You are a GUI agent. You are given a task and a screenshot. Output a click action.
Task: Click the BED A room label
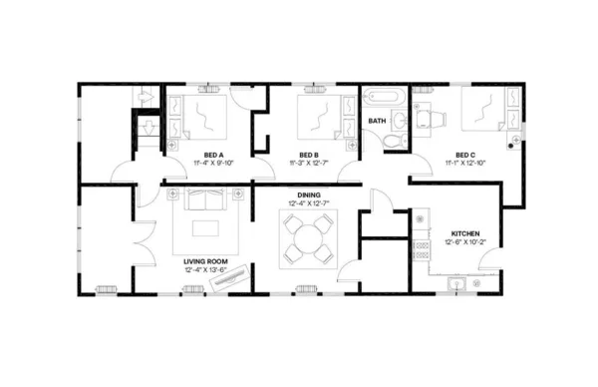(212, 154)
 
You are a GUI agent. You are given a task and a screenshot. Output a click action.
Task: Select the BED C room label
(464, 154)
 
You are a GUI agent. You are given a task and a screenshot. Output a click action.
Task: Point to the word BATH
(377, 121)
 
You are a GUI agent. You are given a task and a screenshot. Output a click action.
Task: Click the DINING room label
(307, 195)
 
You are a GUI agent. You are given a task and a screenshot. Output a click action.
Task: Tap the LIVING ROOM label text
(207, 259)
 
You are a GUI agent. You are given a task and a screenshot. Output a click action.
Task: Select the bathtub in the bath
(381, 99)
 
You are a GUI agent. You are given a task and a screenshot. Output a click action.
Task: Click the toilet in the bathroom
(396, 140)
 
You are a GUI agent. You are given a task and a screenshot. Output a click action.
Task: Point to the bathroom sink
(400, 121)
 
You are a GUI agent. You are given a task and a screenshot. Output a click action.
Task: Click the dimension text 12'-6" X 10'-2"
(466, 241)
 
